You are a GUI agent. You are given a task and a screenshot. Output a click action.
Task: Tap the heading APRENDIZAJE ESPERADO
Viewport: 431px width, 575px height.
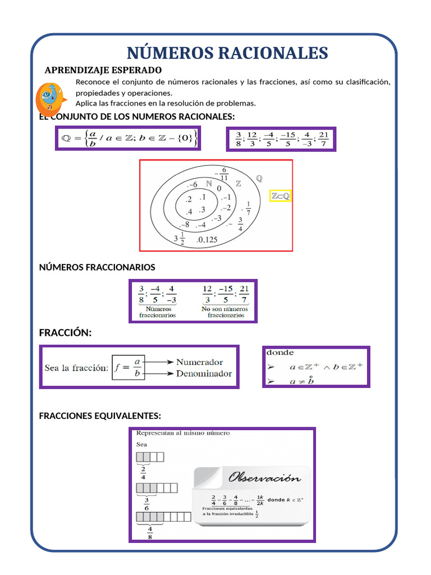tap(103, 70)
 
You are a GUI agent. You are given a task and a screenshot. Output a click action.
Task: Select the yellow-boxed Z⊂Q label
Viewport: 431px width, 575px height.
tap(280, 195)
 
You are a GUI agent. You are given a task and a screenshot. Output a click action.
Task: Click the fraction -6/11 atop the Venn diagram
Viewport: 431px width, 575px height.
tap(224, 174)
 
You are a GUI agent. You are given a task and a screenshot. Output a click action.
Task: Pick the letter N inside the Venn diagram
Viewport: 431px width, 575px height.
tap(209, 184)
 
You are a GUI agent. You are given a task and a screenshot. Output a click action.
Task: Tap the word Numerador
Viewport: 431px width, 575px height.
tap(199, 362)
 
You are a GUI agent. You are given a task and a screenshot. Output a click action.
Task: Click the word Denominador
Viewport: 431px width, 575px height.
tap(204, 373)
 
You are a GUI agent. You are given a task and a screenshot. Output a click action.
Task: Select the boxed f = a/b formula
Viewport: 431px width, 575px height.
tap(129, 368)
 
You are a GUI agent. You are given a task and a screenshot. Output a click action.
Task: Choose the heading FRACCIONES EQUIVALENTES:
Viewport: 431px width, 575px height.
tap(100, 416)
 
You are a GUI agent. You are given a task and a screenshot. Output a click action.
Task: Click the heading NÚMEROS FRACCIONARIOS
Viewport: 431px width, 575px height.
tap(97, 267)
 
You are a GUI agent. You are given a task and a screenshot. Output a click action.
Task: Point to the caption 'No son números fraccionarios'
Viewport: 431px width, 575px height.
tap(226, 312)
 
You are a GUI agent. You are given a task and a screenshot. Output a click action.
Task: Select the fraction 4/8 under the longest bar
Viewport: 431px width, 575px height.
tap(150, 532)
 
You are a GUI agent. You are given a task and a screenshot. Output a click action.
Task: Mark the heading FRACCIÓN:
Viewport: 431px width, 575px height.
tap(65, 333)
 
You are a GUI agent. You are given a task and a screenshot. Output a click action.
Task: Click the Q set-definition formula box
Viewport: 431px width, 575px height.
tap(127, 138)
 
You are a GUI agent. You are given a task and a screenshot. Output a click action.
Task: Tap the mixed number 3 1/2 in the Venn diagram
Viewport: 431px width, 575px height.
tap(179, 240)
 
